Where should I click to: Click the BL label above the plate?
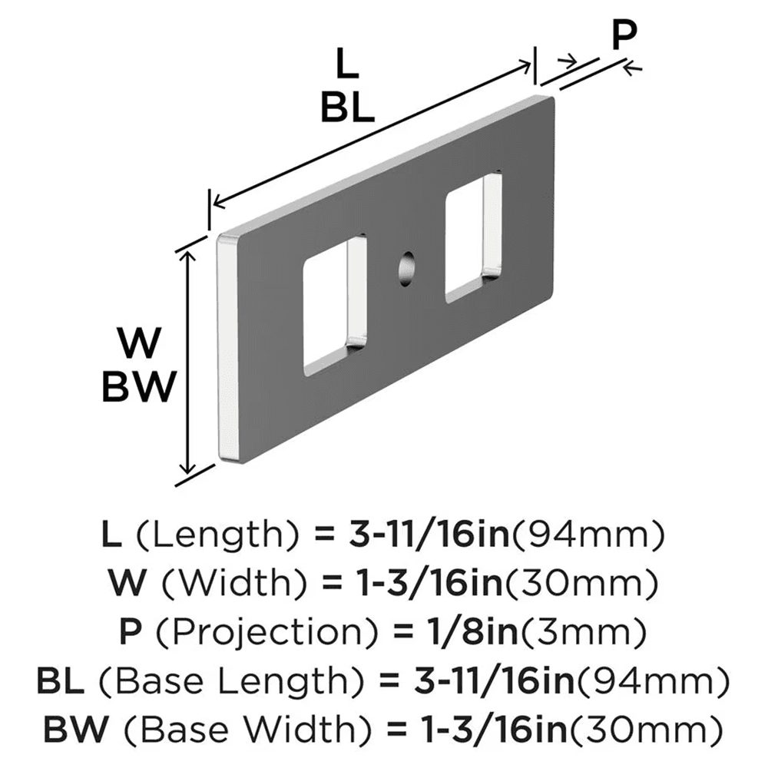point(347,108)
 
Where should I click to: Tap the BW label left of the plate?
point(141,386)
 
